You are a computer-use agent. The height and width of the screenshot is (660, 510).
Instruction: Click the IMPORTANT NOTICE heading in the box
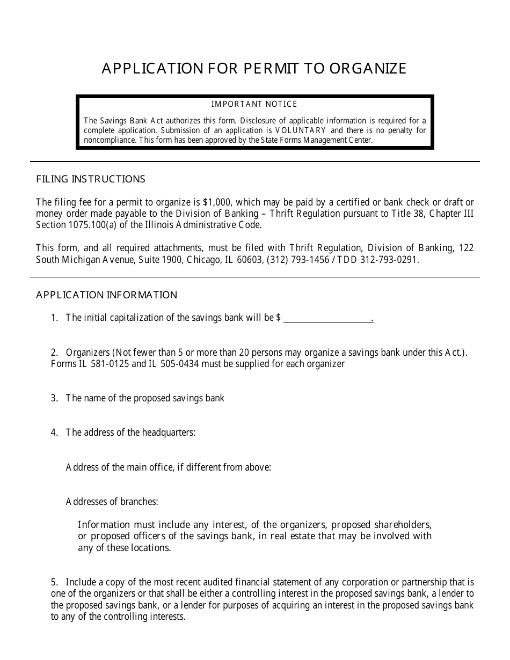pos(254,104)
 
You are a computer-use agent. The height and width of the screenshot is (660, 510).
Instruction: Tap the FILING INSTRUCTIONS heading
pos(91,179)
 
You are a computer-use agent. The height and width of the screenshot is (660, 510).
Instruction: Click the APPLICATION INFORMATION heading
pos(106,295)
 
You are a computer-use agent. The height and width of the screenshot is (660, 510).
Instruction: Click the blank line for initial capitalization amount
pos(327,318)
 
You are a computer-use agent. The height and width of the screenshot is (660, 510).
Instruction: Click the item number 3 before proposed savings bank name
pos(54,398)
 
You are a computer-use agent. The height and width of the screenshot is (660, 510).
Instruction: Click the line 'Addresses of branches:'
pos(112,502)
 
